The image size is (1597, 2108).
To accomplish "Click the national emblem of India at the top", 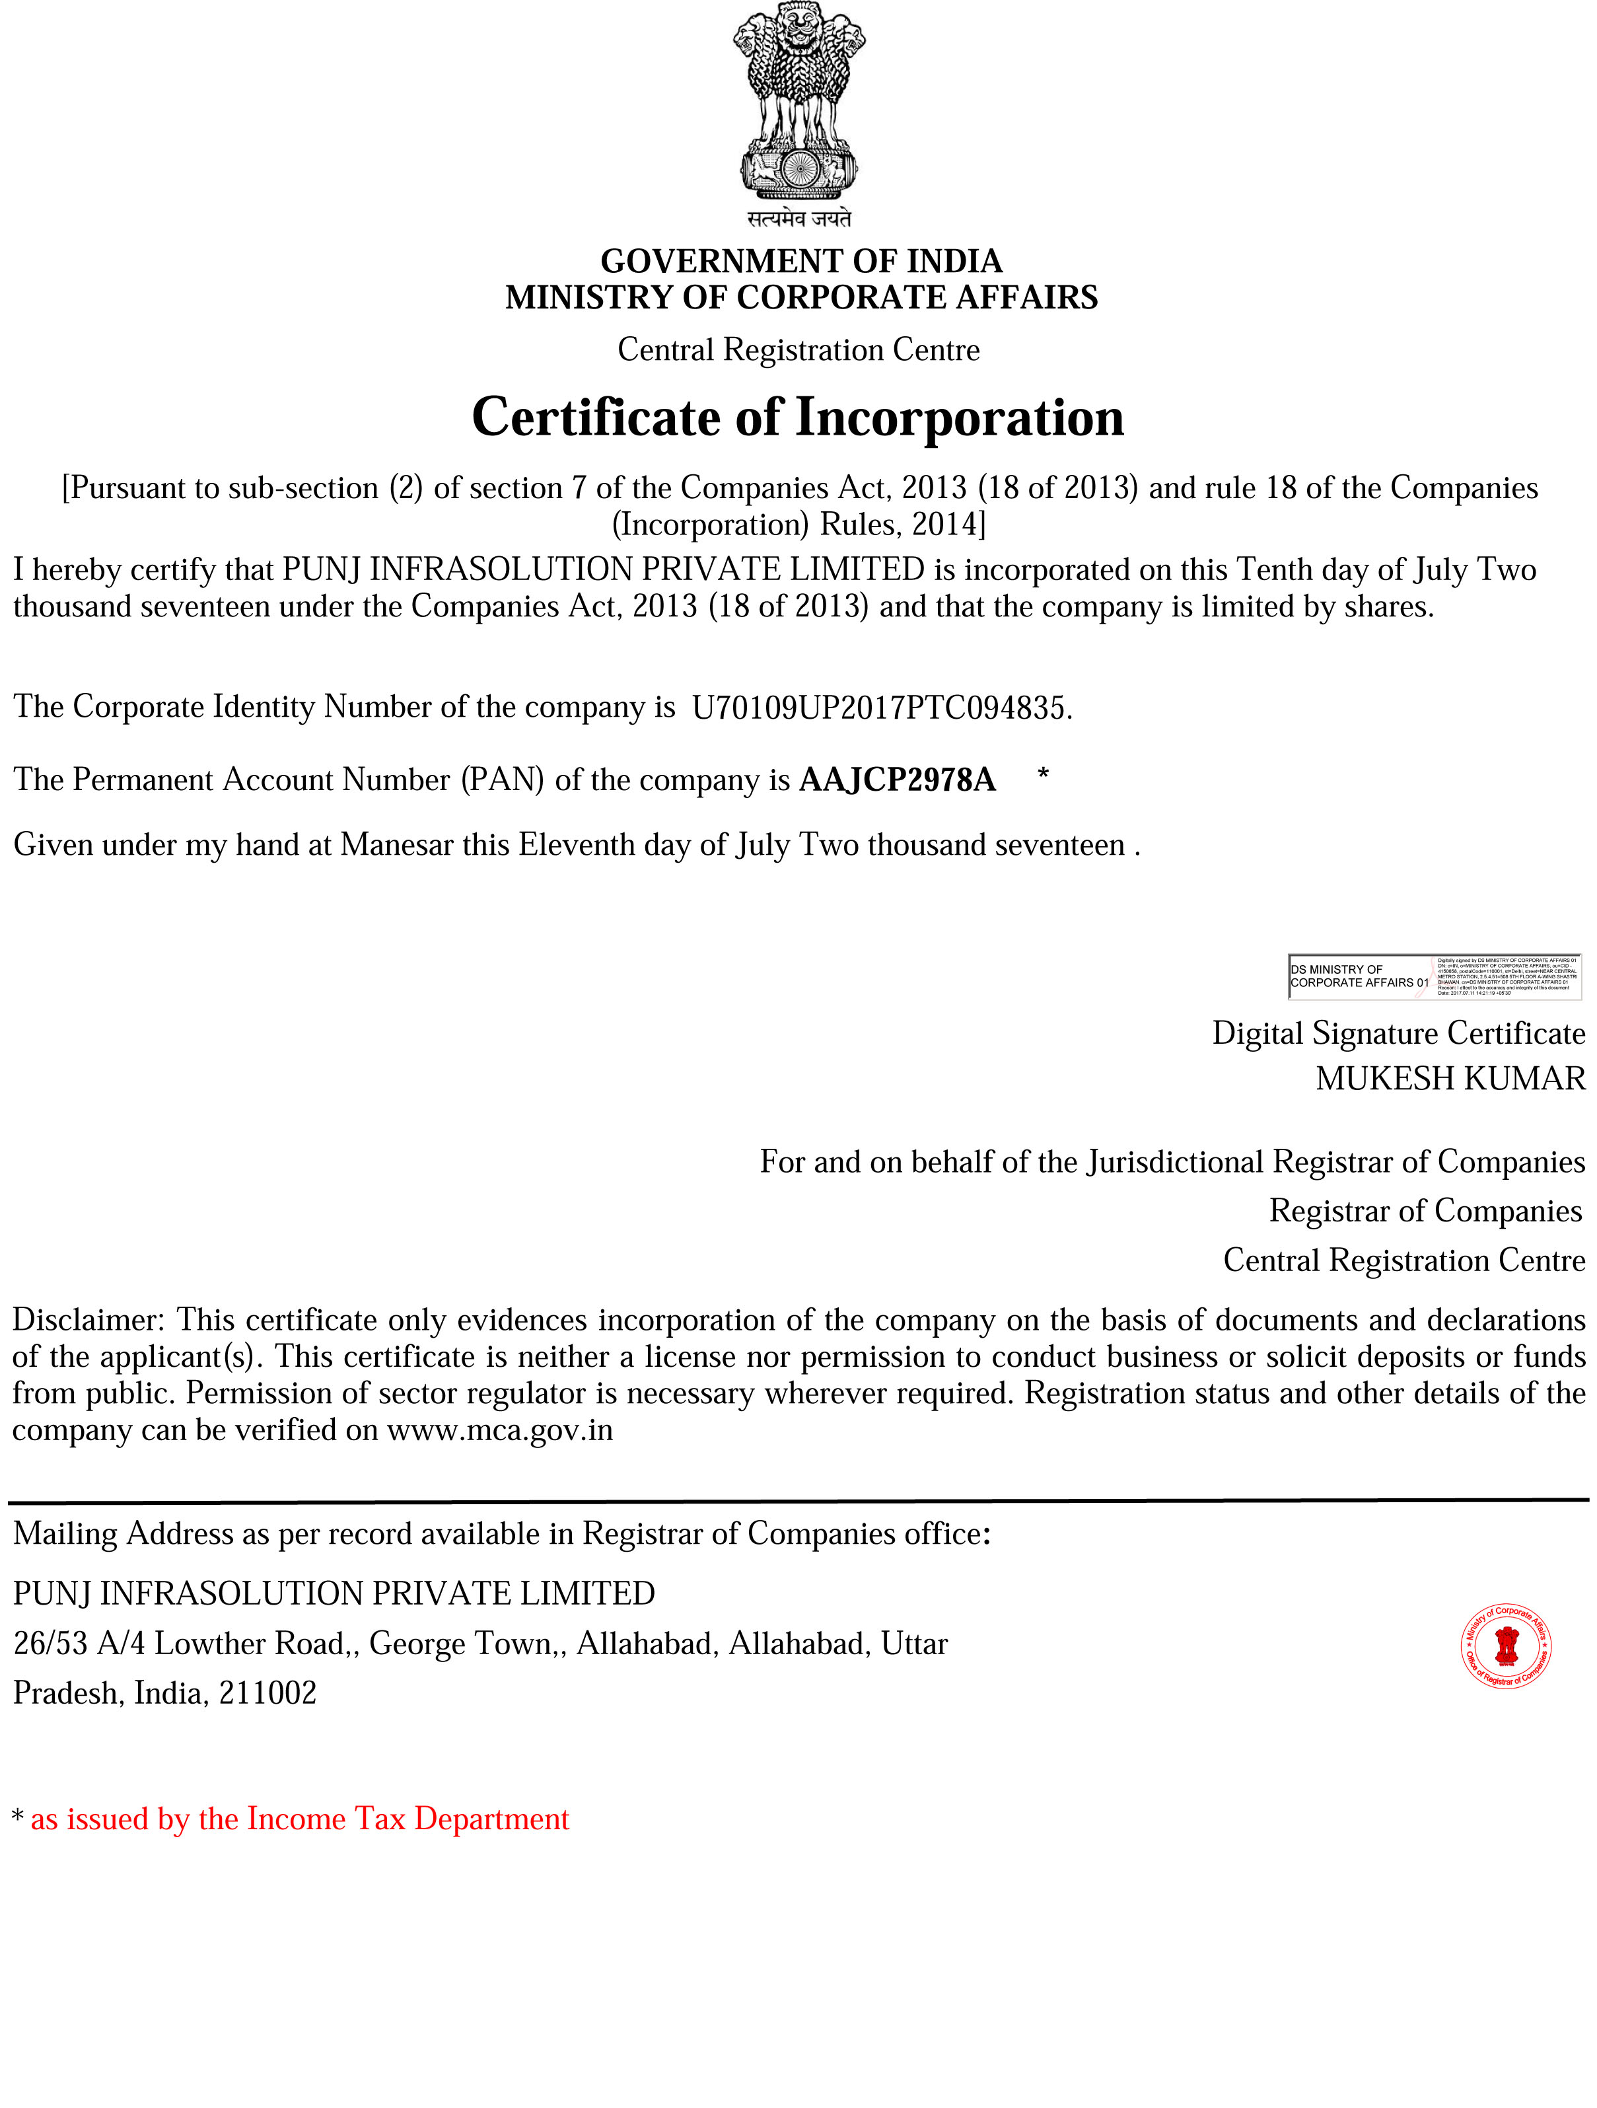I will coord(798,100).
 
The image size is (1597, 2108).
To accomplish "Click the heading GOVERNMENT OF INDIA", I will coord(800,260).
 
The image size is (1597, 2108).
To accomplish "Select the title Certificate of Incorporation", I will coord(798,418).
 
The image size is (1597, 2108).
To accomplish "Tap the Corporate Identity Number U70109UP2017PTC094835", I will coord(880,708).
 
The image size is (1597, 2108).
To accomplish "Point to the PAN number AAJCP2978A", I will coord(897,780).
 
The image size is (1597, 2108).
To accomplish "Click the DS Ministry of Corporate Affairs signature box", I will coord(1433,977).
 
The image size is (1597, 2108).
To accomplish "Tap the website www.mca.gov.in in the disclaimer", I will coord(499,1430).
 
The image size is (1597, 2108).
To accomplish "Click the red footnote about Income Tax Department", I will coord(299,1819).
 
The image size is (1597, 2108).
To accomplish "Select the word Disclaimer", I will coord(89,1320).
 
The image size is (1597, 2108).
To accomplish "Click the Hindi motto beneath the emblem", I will coord(798,219).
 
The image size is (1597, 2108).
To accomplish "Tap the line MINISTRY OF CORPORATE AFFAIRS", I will coord(800,297).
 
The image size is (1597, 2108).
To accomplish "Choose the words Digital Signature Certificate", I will coord(1398,1033).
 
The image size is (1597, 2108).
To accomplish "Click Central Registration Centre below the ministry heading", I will coord(798,349).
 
